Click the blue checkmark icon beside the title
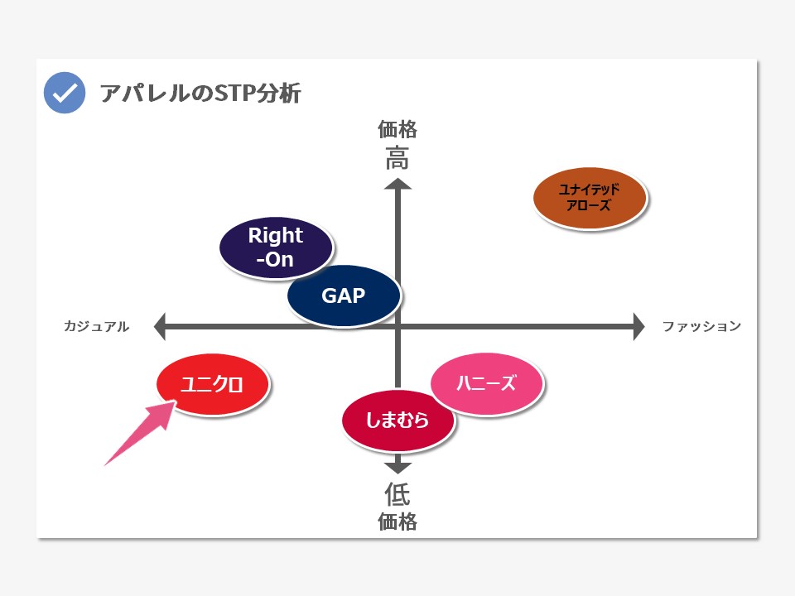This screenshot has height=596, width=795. click(65, 93)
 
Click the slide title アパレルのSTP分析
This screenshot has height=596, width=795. click(200, 94)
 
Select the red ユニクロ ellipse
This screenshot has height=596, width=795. click(213, 385)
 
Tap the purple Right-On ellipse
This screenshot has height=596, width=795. click(276, 248)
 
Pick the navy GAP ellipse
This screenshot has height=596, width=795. click(344, 296)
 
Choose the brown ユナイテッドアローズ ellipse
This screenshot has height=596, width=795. click(590, 198)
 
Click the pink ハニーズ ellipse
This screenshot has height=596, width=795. click(487, 383)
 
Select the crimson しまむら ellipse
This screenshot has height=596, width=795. click(398, 421)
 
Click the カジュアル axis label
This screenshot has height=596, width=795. click(96, 326)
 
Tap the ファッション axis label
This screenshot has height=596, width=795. click(701, 326)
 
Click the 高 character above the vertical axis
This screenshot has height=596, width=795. click(397, 158)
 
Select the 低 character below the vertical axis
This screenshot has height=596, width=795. click(397, 494)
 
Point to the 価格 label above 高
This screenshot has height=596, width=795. click(397, 130)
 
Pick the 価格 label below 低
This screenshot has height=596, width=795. click(397, 521)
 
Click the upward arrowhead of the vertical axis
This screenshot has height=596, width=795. click(398, 184)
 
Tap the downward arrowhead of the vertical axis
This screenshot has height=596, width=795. click(398, 468)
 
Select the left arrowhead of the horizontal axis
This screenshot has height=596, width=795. click(160, 326)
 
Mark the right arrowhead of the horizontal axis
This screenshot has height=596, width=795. click(638, 326)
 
